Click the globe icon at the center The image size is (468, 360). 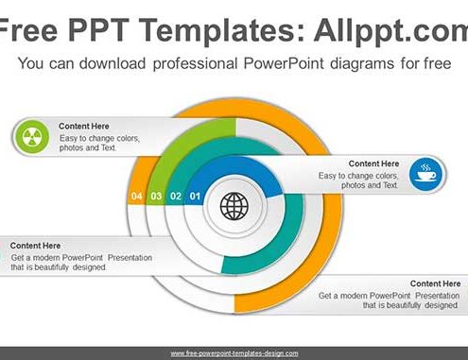point(234,206)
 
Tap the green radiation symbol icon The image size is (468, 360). point(31,137)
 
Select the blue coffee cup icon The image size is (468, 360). point(426,174)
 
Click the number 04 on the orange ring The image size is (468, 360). point(136,197)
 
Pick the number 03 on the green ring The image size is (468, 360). point(156,197)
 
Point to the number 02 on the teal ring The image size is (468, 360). point(176,197)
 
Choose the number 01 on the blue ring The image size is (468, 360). point(195,197)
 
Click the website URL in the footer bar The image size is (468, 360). point(234,353)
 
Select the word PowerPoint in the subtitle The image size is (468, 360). point(284,63)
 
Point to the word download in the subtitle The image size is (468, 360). point(113,63)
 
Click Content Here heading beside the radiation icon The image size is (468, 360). point(84,127)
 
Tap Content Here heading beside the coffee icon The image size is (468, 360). point(373,163)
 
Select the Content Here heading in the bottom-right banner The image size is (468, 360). point(435,283)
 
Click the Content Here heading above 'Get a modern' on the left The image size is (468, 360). point(35,246)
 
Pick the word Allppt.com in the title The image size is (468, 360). point(390,31)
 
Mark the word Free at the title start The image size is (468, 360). point(28,30)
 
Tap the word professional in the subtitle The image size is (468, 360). point(195,64)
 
